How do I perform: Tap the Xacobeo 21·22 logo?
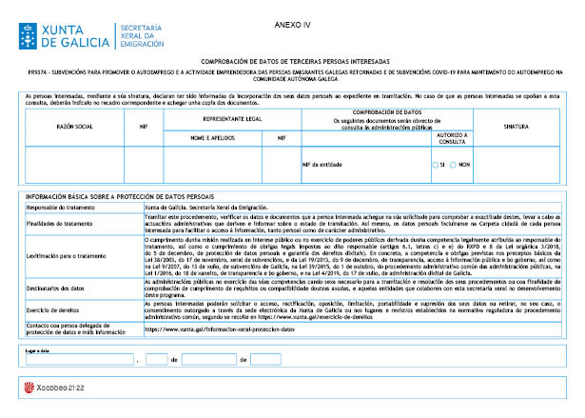[x=45, y=388]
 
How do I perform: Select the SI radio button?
[x=435, y=165]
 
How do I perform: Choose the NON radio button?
[x=456, y=165]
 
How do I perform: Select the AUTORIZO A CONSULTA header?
[x=452, y=138]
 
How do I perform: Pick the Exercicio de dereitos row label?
[x=51, y=310]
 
